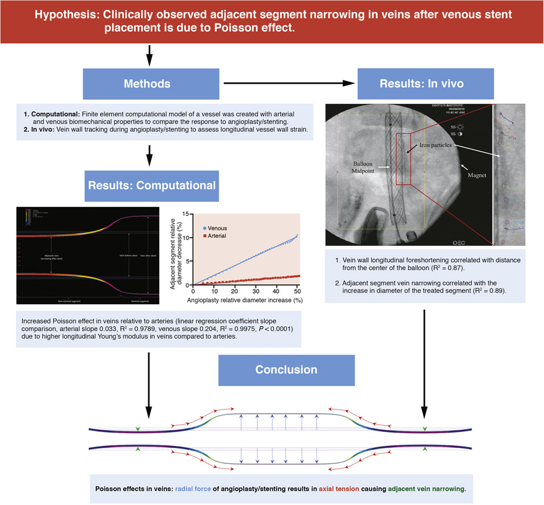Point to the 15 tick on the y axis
pyautogui.click(x=187, y=214)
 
